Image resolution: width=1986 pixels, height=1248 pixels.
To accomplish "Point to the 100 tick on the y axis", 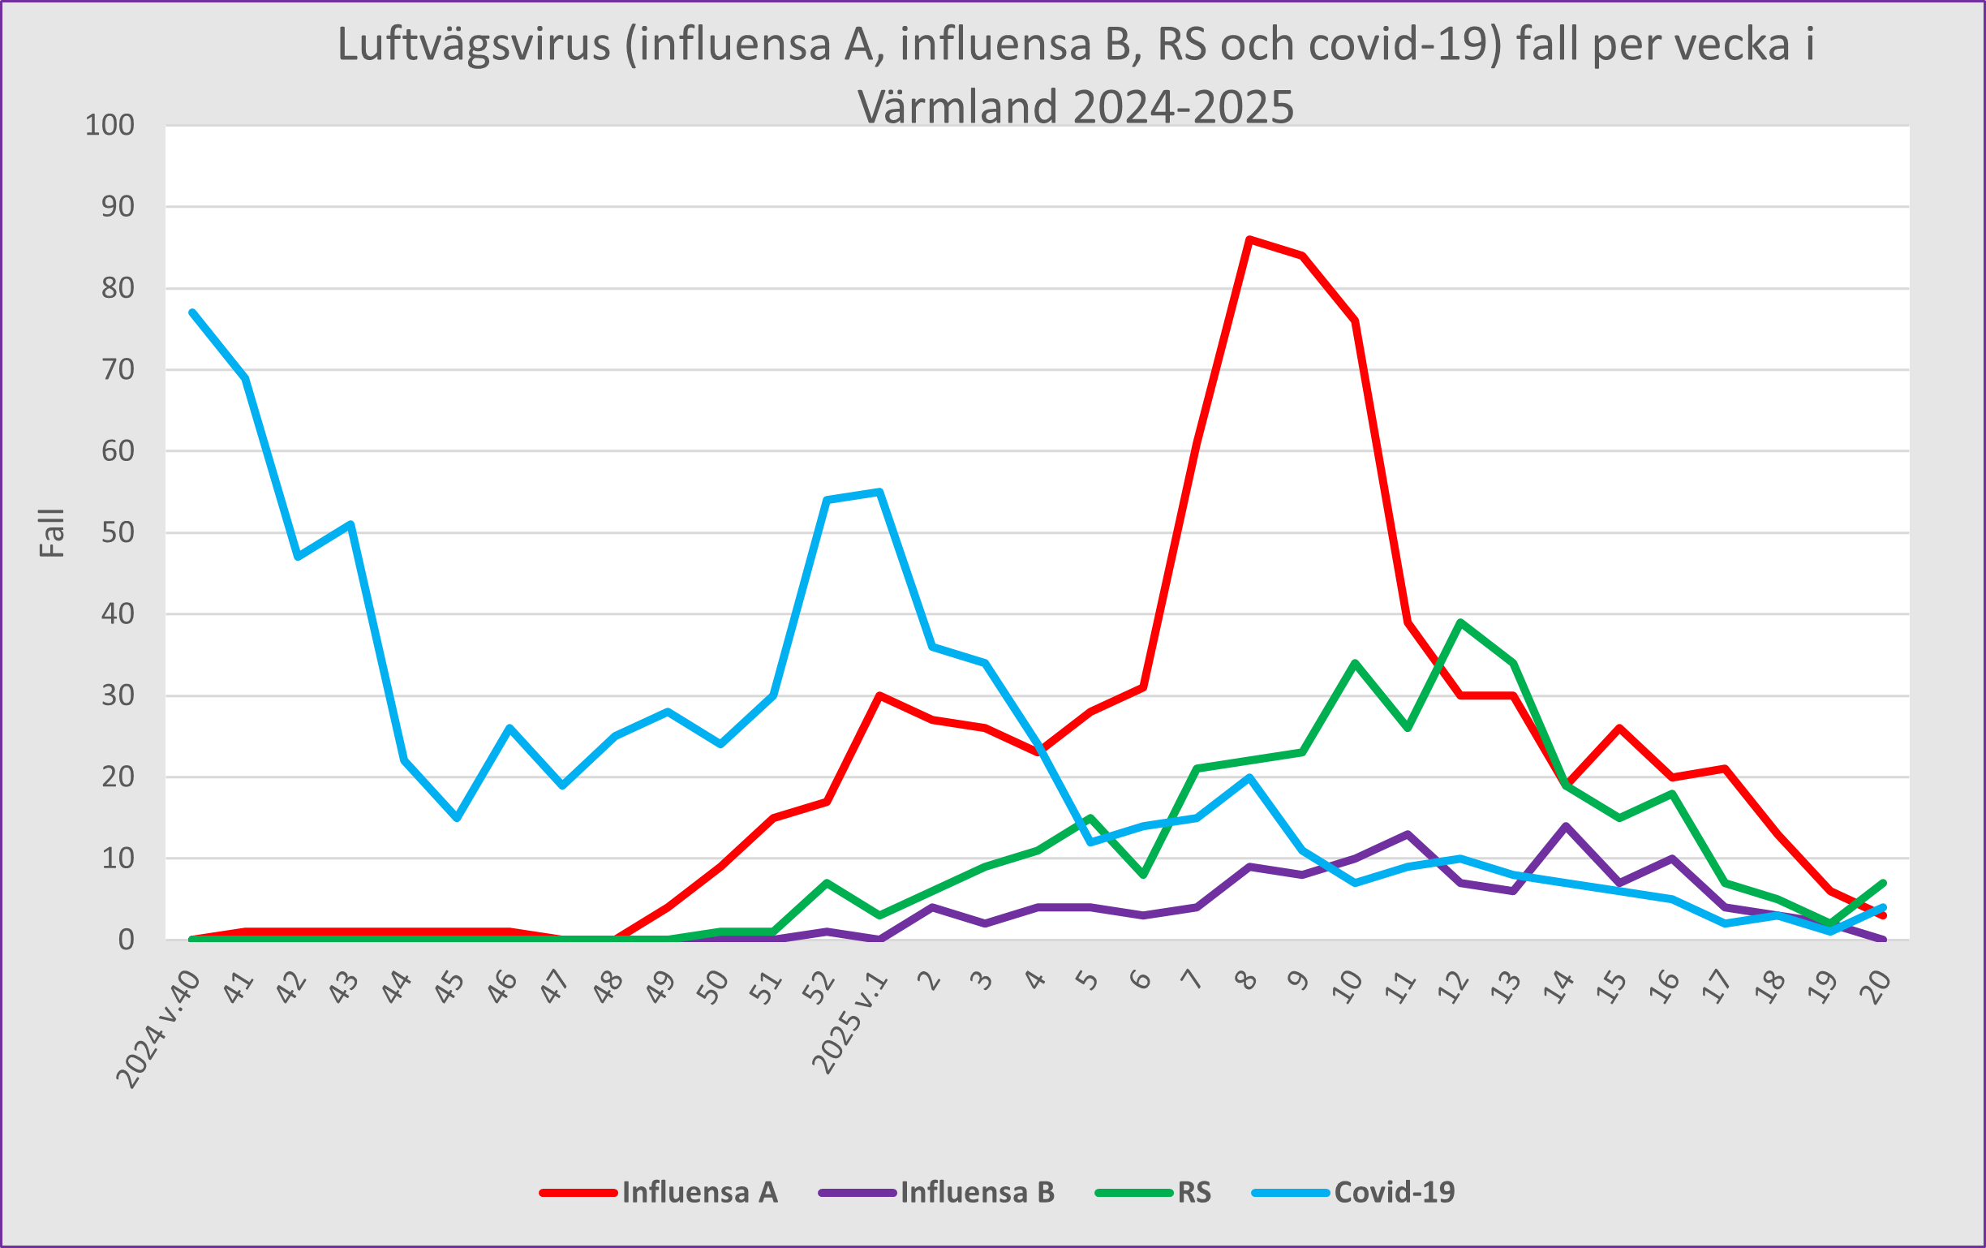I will coord(110,126).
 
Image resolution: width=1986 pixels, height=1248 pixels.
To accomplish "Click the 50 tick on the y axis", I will coord(117,533).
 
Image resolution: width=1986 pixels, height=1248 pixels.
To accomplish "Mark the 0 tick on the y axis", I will coord(126,940).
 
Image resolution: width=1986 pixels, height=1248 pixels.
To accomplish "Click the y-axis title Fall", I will coord(52,533).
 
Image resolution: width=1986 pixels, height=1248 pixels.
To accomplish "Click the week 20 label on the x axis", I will coord(1878,986).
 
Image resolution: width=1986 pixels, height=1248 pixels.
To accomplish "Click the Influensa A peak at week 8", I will coord(1249,239).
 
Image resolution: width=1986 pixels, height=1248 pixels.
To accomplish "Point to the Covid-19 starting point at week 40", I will coord(192,312).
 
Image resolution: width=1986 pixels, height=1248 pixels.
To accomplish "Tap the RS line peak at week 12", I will coord(1460,622).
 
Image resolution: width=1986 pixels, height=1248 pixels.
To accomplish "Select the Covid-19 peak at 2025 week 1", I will coord(879,492).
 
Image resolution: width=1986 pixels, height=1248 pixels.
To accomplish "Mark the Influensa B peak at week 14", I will coord(1566,826).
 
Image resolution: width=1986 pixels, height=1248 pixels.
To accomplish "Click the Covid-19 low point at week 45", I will coord(457,817).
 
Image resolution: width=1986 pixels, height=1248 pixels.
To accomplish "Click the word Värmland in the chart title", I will coord(956,107).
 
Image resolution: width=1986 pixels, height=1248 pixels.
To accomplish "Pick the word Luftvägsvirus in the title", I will coord(474,45).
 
